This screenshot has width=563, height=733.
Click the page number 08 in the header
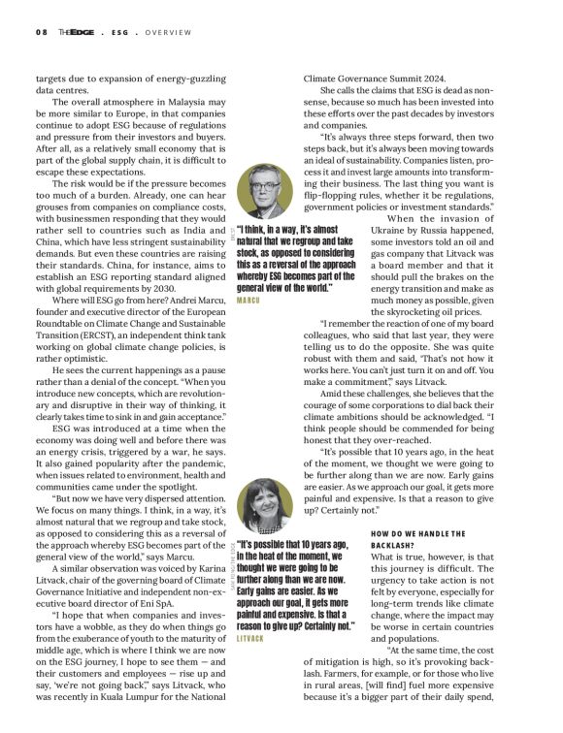tap(42, 30)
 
